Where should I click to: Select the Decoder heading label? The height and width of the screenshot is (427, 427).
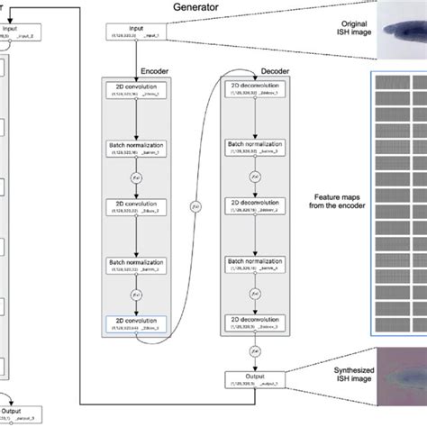(250, 66)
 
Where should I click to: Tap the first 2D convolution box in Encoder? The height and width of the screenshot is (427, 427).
(134, 90)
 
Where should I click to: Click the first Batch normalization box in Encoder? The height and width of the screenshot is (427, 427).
(134, 148)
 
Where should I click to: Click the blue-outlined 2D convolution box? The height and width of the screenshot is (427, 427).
(134, 323)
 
